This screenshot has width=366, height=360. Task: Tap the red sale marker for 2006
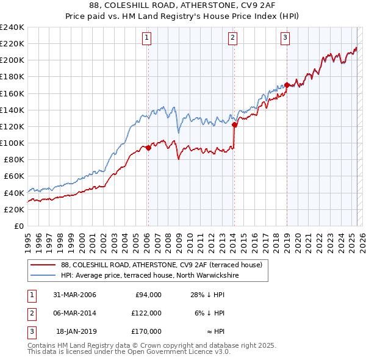coord(148,148)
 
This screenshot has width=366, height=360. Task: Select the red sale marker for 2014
coord(234,124)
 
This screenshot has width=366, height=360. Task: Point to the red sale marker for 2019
coord(287,85)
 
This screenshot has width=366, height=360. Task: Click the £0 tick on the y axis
coord(19,226)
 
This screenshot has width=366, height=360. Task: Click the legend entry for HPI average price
coord(149,275)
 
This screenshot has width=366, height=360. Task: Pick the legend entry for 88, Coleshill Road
coord(162,265)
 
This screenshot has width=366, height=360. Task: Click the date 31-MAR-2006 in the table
coord(74,295)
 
